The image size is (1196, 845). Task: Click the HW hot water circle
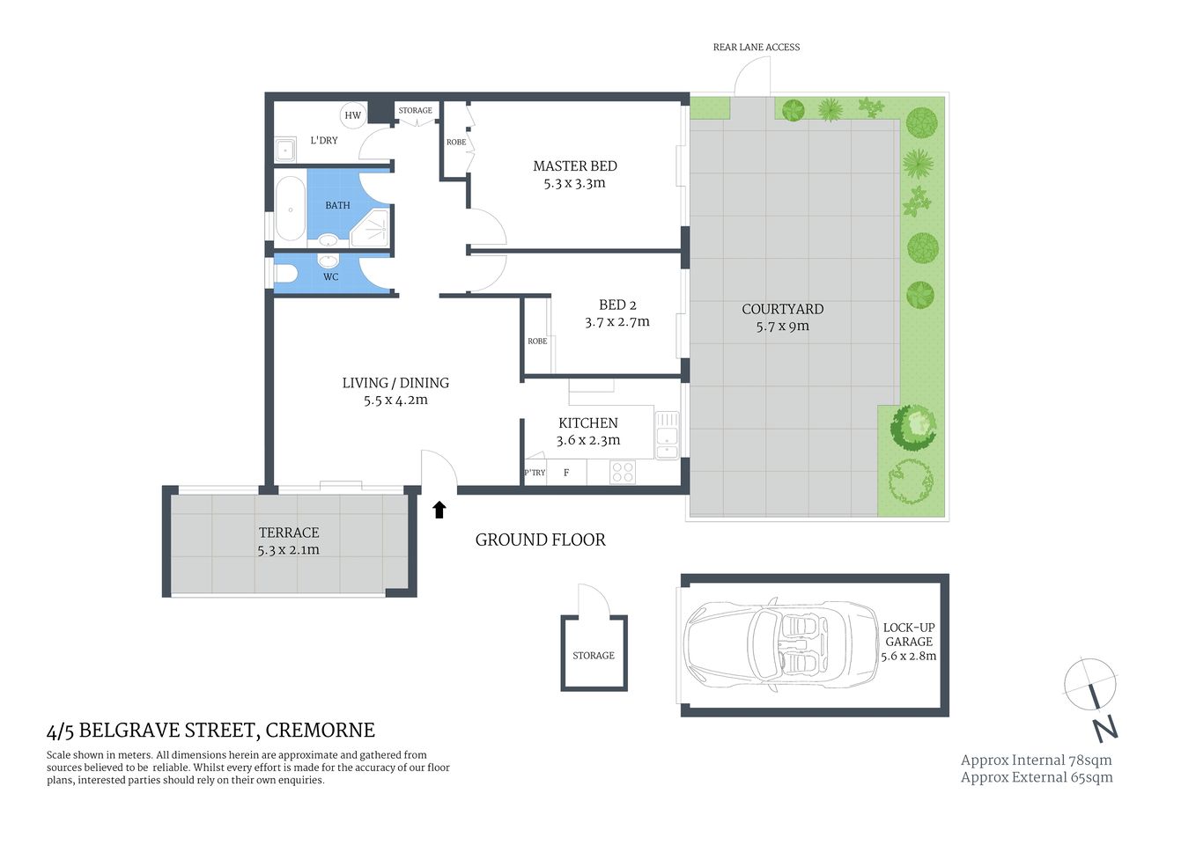click(x=352, y=115)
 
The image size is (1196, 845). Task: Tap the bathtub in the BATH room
click(x=290, y=208)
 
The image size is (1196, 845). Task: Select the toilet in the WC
click(x=285, y=273)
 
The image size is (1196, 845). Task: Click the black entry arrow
click(x=439, y=510)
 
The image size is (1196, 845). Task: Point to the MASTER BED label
click(x=574, y=165)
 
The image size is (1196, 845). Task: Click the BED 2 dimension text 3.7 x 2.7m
click(x=616, y=322)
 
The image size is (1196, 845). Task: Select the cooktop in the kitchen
click(x=623, y=472)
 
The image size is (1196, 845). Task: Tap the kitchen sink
click(x=667, y=435)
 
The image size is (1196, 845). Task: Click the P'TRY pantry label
click(x=535, y=473)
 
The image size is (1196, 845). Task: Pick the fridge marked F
click(x=566, y=473)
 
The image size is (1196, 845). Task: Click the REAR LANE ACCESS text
click(x=756, y=48)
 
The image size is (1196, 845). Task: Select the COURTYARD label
click(x=782, y=309)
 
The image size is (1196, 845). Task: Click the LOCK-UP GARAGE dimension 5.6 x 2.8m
click(x=908, y=656)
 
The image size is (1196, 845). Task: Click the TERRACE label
click(x=289, y=533)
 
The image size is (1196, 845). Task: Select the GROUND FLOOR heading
click(x=540, y=540)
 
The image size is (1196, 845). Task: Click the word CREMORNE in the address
click(x=320, y=731)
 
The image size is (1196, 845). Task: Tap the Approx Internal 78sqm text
click(x=1036, y=760)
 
